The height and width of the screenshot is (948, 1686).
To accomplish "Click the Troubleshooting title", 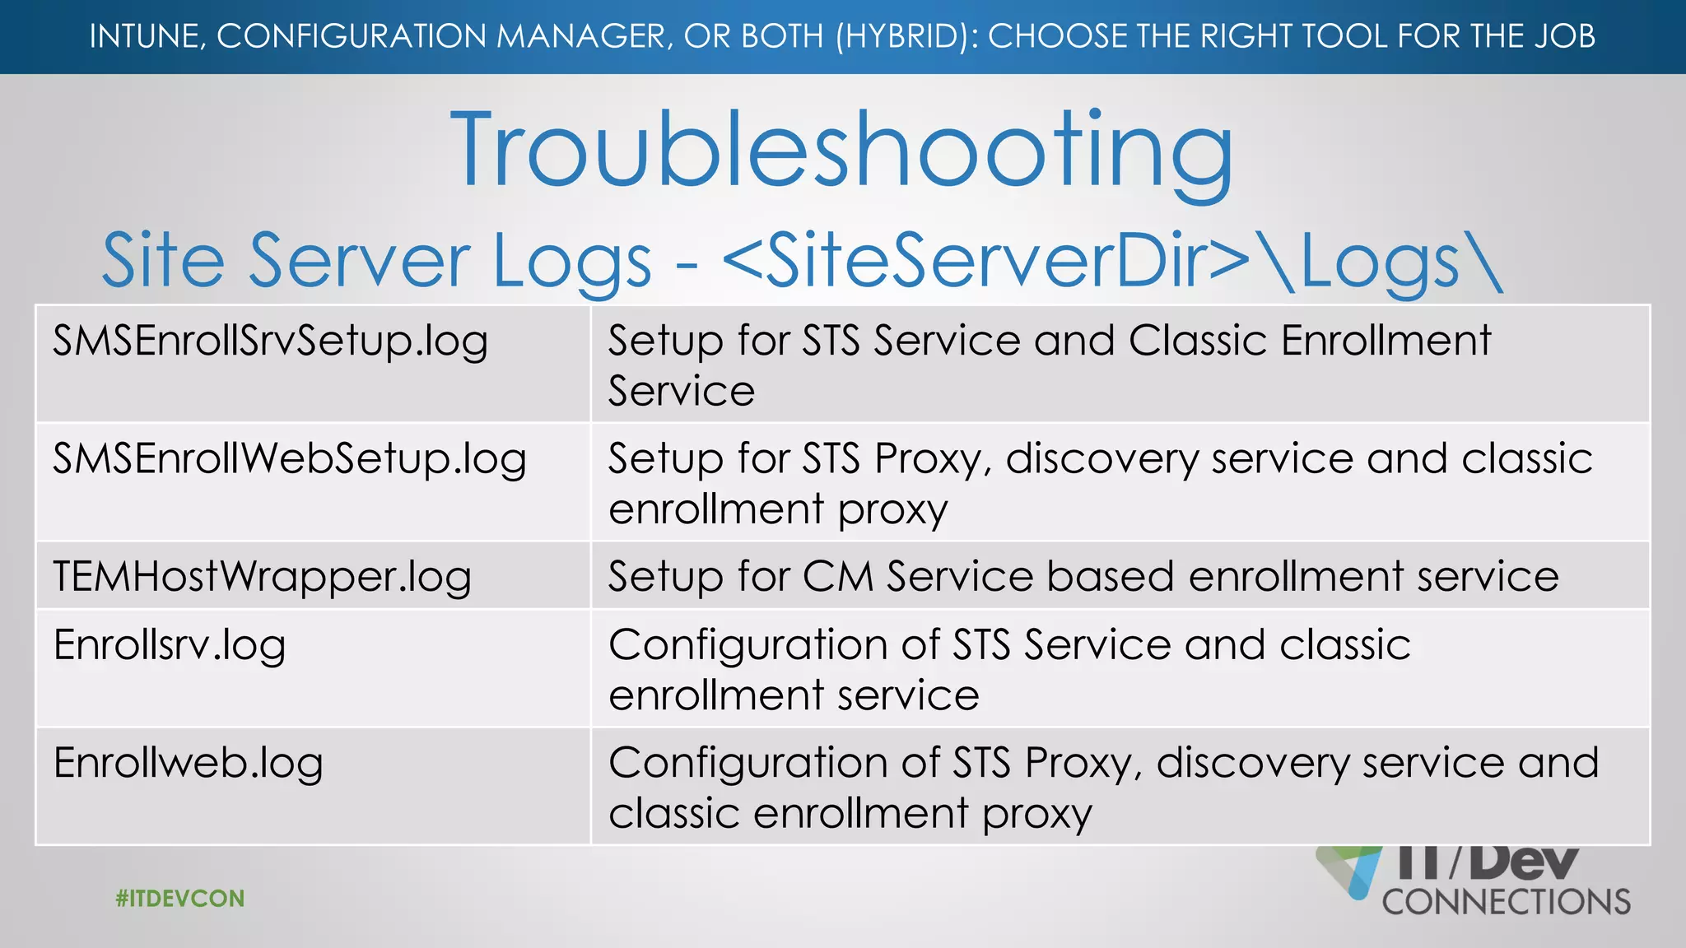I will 841,151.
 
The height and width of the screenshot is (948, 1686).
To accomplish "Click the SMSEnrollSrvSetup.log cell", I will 270,341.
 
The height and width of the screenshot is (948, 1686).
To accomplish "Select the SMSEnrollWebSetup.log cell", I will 289,459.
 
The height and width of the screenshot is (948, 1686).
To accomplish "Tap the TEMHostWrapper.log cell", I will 262,577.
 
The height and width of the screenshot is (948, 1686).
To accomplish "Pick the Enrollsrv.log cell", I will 170,645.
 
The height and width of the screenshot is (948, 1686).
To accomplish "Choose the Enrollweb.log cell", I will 188,764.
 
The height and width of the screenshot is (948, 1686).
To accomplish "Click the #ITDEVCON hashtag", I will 180,898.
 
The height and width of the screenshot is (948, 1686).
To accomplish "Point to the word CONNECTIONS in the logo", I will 1506,902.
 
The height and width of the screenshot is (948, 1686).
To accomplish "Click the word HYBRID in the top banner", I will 906,37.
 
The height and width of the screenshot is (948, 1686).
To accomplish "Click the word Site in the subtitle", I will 163,261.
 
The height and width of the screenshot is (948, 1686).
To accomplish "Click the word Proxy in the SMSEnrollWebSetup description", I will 932,459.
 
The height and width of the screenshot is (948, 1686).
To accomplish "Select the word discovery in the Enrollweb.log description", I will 1252,764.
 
